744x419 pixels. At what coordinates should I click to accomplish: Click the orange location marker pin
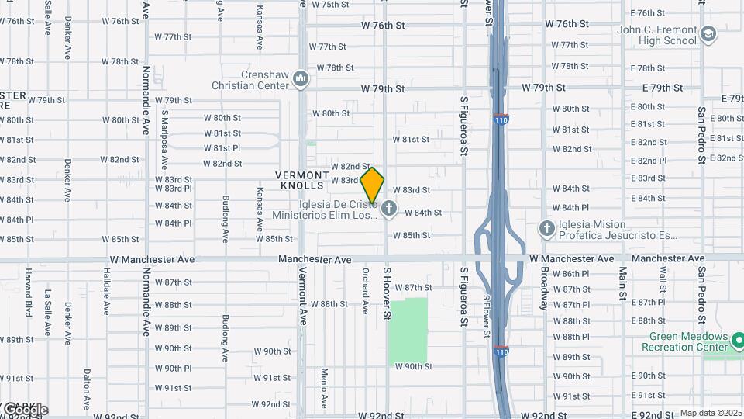pyautogui.click(x=372, y=185)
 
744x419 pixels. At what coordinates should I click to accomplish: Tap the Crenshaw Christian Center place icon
pyautogui.click(x=301, y=79)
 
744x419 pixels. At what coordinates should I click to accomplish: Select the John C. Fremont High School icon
pyautogui.click(x=708, y=34)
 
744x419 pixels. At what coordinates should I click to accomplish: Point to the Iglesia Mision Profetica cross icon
pyautogui.click(x=547, y=228)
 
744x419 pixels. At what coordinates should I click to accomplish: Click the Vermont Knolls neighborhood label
pyautogui.click(x=302, y=181)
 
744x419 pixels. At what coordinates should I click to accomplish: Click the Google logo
pyautogui.click(x=25, y=409)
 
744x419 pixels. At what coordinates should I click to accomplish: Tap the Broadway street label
pyautogui.click(x=544, y=289)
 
